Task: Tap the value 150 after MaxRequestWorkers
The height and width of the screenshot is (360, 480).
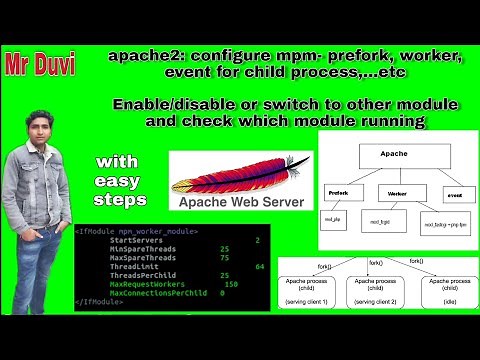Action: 231,284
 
